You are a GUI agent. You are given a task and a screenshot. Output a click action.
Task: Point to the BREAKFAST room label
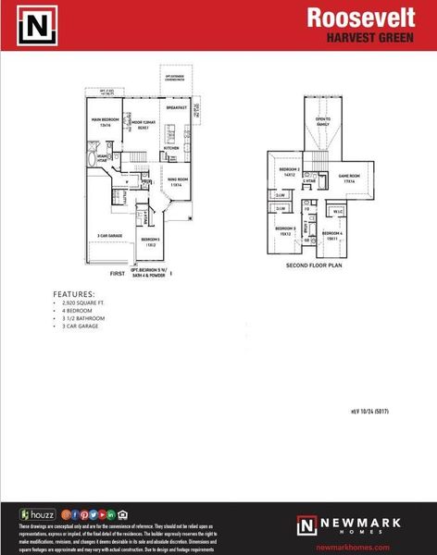[177, 107]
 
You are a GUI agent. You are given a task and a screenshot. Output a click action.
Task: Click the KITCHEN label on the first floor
[171, 148]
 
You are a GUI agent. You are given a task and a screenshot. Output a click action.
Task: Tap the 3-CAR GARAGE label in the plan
[110, 236]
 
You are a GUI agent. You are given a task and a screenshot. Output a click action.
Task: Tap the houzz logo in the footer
[38, 513]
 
